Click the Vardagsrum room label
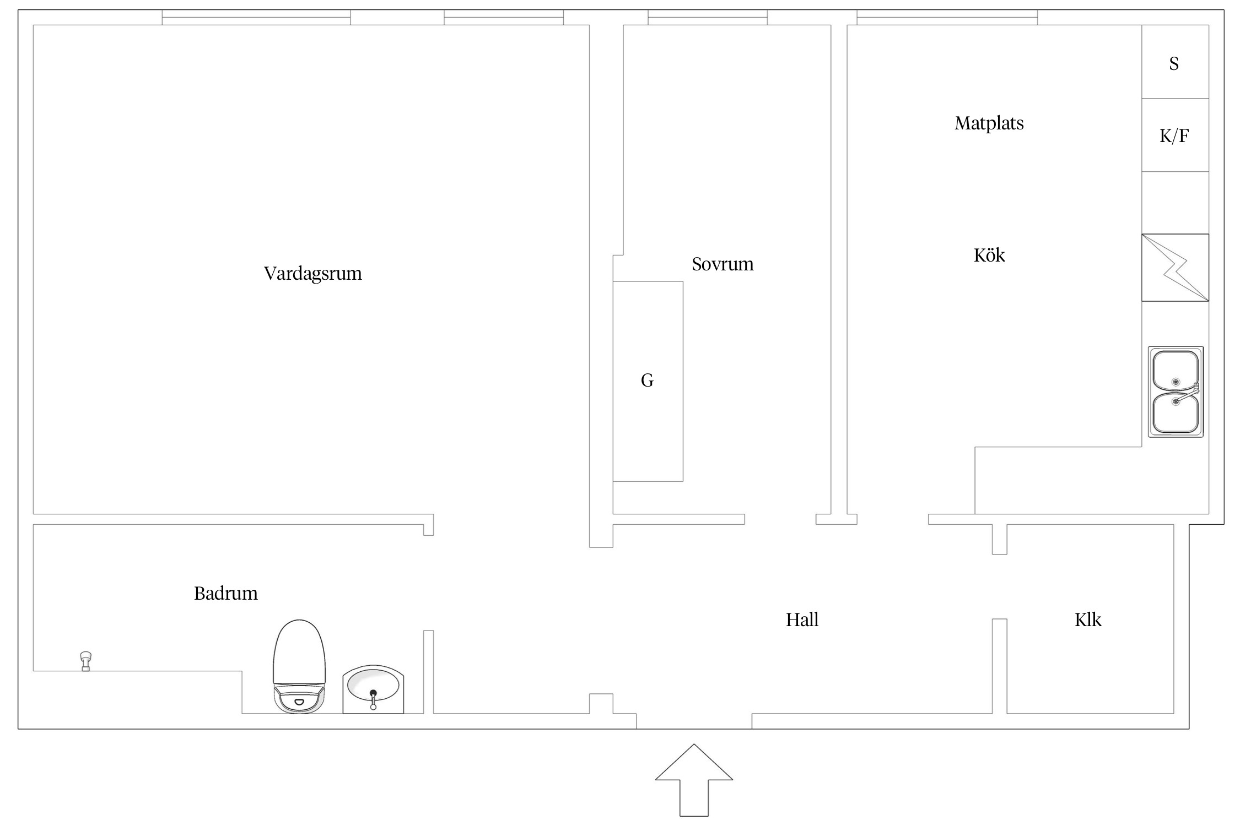pos(312,274)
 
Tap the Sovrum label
pos(723,264)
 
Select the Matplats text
pos(989,123)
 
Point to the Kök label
pos(989,255)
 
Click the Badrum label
pos(225,593)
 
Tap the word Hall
pos(802,620)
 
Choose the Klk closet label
pos(1087,620)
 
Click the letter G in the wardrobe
pos(647,381)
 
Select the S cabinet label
pos(1174,64)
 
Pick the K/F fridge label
pos(1174,136)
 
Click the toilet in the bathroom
pos(299,666)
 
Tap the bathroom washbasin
pos(373,688)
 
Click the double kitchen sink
pos(1176,392)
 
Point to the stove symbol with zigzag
pos(1175,268)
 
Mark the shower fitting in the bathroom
pos(85,660)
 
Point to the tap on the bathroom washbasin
pos(373,699)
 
